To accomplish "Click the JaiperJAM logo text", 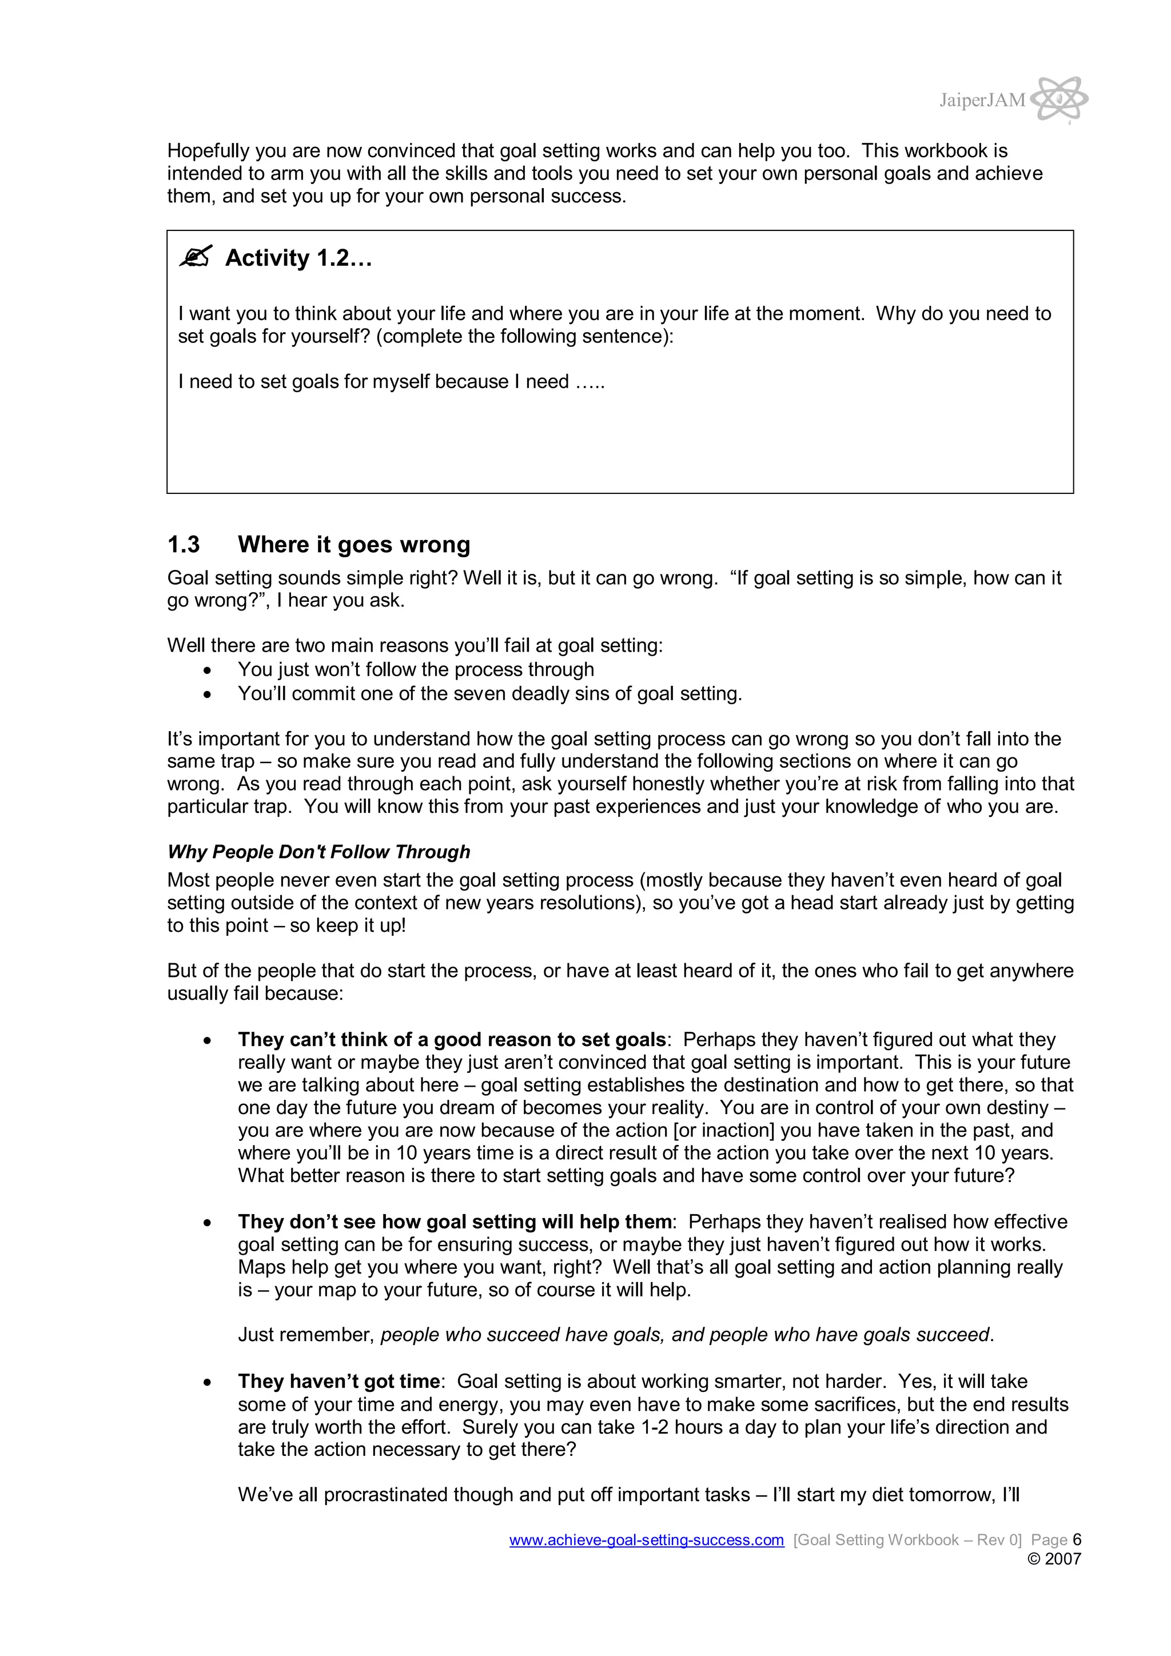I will coord(981,99).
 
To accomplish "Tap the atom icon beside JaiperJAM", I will coord(1058,98).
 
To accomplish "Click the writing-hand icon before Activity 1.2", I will coord(196,256).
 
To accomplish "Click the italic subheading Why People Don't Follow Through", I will coord(318,852).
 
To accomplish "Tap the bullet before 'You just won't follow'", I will coord(208,671).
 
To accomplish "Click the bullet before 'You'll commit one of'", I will coord(208,695).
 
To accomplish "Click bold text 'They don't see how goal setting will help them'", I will coord(455,1221).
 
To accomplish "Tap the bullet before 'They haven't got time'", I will coord(208,1382).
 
